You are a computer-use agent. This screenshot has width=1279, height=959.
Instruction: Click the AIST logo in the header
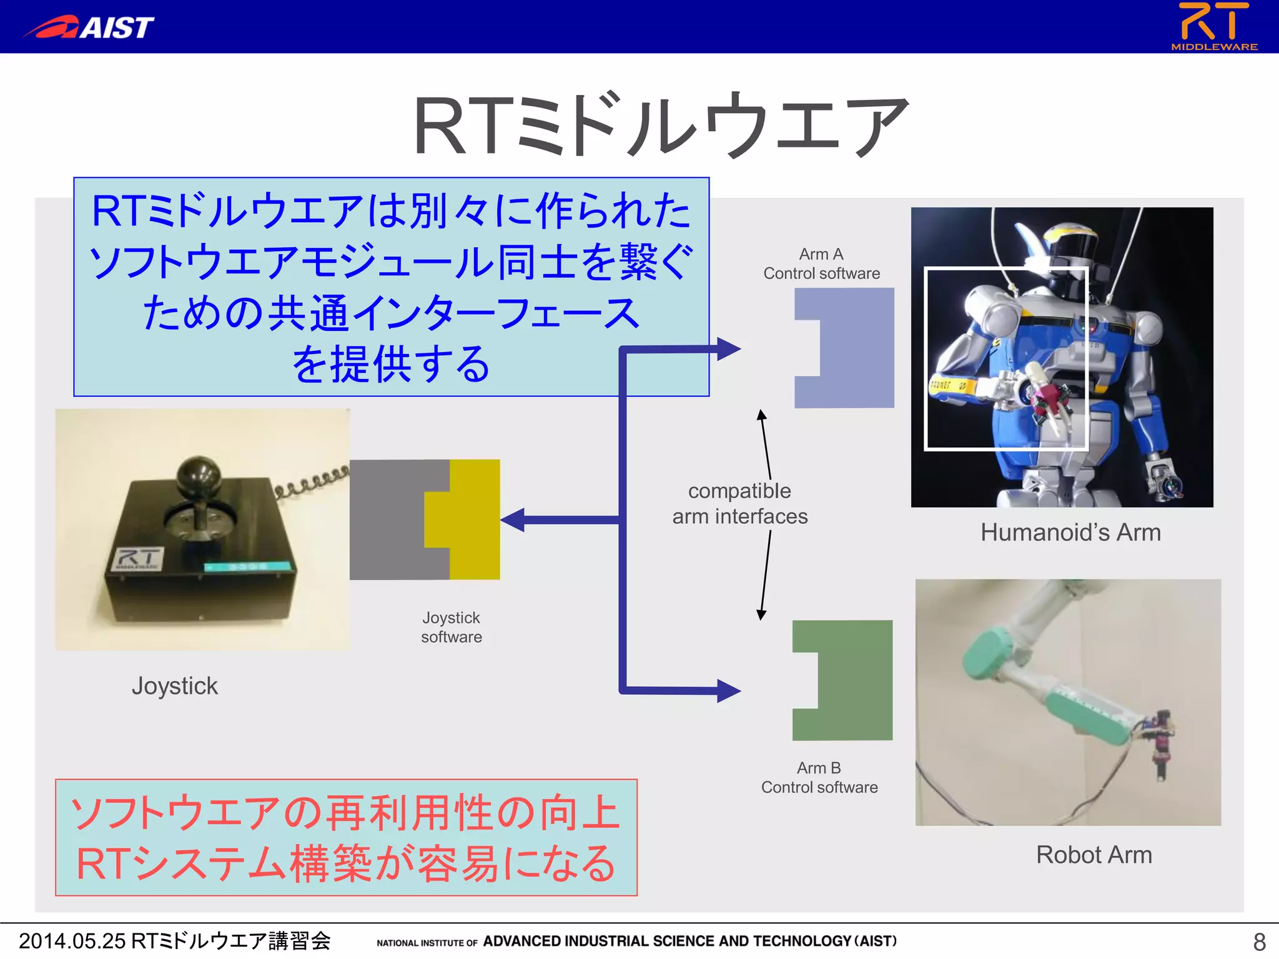tap(89, 27)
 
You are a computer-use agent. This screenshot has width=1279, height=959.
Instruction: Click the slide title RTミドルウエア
tap(660, 125)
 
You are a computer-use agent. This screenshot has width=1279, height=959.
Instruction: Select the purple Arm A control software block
tap(856, 348)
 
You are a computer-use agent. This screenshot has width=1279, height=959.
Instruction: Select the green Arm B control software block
tap(854, 680)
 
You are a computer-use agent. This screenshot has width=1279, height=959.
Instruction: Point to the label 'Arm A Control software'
tap(821, 263)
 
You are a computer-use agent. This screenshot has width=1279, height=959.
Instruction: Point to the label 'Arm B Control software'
tap(819, 777)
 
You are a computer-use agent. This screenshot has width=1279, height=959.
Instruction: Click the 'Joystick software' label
tap(451, 627)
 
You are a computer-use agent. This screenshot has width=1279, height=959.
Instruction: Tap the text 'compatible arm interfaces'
tap(739, 503)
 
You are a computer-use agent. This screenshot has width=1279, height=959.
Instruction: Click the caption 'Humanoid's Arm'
tap(1070, 533)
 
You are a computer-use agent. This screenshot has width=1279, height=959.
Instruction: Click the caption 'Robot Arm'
tap(1094, 854)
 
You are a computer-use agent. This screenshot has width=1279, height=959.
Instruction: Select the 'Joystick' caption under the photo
tap(174, 686)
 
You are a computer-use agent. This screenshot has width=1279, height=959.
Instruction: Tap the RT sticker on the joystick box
tap(139, 558)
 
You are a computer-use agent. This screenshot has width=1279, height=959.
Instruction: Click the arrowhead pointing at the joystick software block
tap(513, 519)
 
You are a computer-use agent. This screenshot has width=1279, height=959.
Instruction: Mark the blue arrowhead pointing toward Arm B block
tap(728, 691)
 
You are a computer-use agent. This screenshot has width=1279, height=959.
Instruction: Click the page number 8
tap(1259, 941)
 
